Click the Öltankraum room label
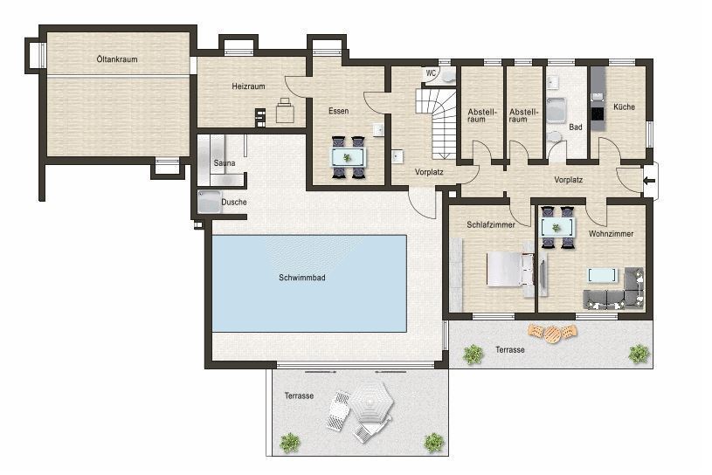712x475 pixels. pos(117,59)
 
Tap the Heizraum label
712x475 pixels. pos(248,87)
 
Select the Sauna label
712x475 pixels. pos(224,163)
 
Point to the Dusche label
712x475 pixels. pos(233,202)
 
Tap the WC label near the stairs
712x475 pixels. pos(431,73)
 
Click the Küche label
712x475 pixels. pos(624,107)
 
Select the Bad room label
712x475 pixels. pos(575,127)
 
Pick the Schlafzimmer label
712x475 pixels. pos(490,224)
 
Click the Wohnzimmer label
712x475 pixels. pos(611,234)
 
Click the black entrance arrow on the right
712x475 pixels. pos(648,182)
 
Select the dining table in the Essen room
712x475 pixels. pos(348,157)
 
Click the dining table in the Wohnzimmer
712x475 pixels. pos(557,227)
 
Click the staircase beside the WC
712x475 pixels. pos(437,122)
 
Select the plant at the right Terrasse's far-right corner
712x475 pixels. pos(639,354)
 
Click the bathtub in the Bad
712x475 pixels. pos(557,111)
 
